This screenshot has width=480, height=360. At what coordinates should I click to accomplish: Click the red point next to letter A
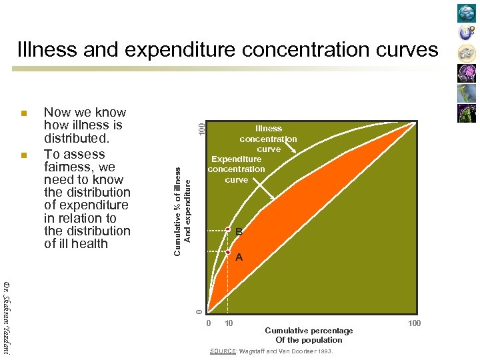coord(228,252)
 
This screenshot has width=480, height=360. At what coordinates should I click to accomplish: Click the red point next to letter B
coord(228,229)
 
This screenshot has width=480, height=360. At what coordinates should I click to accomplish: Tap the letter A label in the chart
coord(239,257)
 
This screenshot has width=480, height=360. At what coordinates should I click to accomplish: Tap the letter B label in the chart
coord(239,232)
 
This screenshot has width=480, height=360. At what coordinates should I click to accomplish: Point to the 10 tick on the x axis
coord(229,323)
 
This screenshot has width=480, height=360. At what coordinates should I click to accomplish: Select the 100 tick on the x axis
coord(414,323)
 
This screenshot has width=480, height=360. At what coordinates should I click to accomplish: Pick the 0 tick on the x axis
coord(209,323)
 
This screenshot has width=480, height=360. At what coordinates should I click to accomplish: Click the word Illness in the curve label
coord(269,129)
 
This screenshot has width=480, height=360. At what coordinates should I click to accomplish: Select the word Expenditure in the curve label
coord(236,159)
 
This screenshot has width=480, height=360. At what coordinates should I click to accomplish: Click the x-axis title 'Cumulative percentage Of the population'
coord(309,335)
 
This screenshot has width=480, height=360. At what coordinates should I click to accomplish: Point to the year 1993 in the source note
coord(324,351)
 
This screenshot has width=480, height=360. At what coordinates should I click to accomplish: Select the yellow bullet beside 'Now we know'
coord(23,113)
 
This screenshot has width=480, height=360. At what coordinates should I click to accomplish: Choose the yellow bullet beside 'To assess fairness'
coord(23,155)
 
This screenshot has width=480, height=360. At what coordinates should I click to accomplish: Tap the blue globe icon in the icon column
coord(467,13)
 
